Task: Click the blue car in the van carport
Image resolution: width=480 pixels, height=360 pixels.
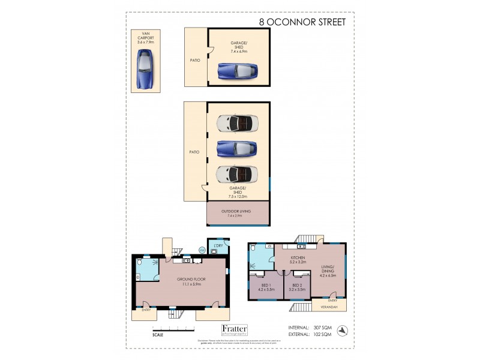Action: pos(143,69)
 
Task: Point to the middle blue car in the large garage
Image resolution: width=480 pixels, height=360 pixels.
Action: pos(237,148)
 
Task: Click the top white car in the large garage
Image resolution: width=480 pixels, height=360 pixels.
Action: pos(237,123)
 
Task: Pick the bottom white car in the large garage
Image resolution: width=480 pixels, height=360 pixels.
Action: pos(237,173)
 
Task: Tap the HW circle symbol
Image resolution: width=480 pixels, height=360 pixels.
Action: pos(202,250)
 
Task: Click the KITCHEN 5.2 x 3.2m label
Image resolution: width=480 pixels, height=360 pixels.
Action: pos(297,260)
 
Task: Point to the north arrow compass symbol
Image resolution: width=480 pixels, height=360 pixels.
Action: pos(342,330)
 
